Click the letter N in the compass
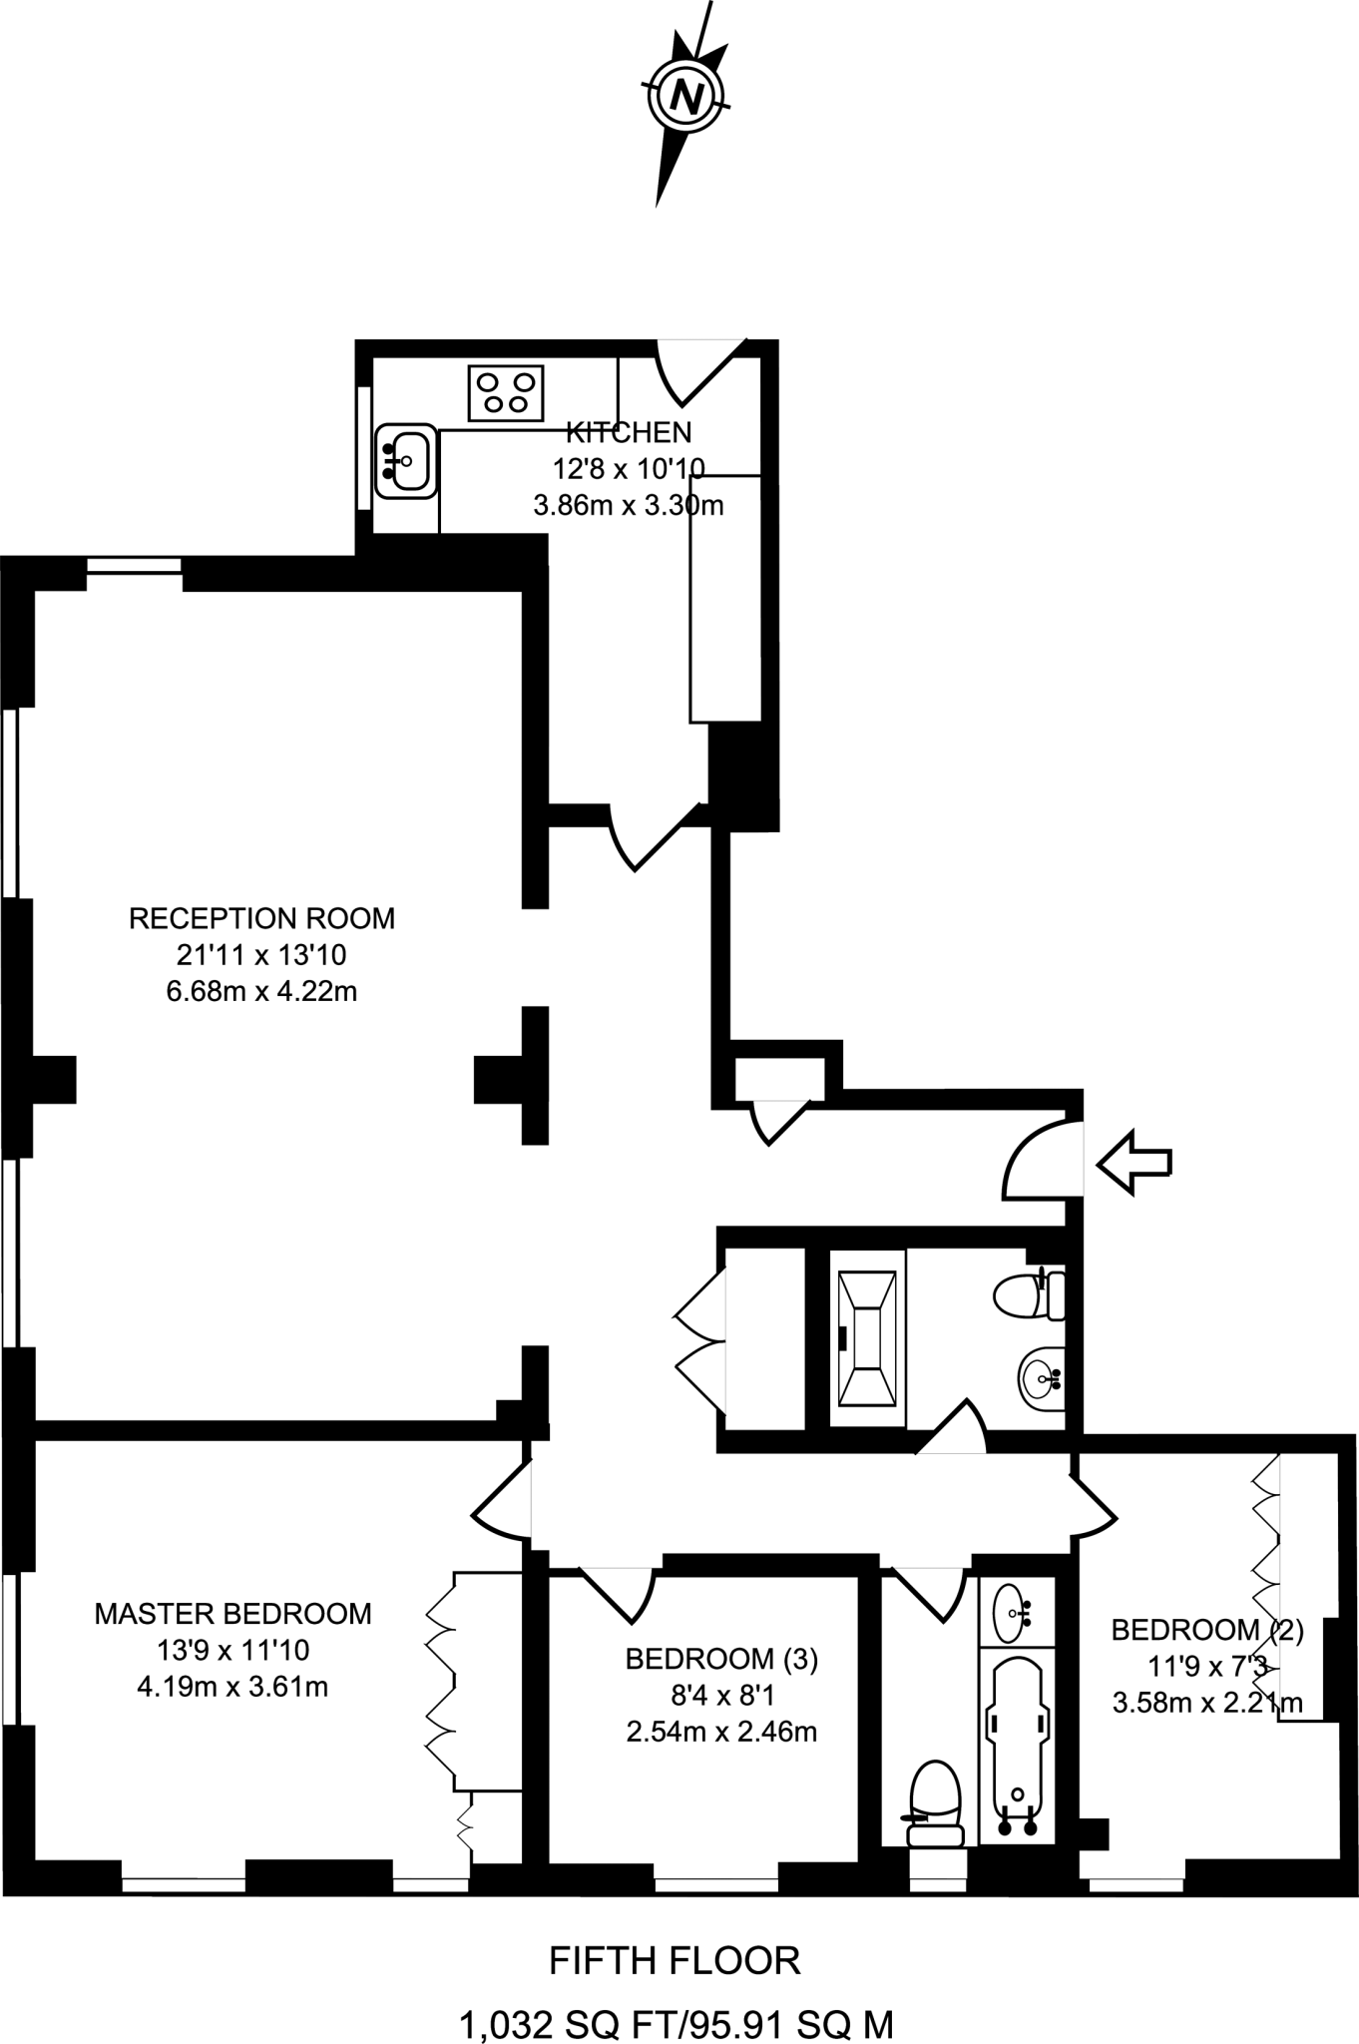(685, 97)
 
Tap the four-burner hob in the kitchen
(506, 392)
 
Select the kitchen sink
(406, 460)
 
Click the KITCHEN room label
(629, 432)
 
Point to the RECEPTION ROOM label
(261, 918)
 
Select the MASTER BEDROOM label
(232, 1613)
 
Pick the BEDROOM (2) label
(1207, 1630)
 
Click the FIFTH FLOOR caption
(675, 1961)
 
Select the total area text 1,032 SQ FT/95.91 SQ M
(676, 2024)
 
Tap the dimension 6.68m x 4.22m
(261, 992)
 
